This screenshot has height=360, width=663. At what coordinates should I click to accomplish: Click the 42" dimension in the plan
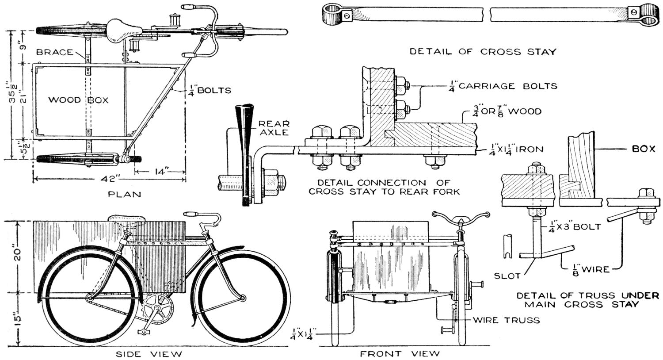click(110, 179)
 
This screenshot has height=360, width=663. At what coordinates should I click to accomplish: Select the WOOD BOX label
click(78, 100)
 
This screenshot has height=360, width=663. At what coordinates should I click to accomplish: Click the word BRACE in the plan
click(55, 52)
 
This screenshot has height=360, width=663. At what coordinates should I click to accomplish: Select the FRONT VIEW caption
click(400, 353)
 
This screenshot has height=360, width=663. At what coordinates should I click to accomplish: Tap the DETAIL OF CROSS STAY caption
click(482, 52)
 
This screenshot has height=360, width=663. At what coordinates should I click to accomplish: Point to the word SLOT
click(507, 276)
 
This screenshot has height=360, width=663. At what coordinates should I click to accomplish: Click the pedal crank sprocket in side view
click(157, 306)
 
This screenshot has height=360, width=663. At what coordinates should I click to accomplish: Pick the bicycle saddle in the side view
click(127, 218)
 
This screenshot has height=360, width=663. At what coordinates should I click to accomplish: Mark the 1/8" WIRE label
click(586, 268)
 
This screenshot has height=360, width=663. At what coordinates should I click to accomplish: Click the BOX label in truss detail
click(643, 149)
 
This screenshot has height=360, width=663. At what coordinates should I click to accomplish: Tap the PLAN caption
click(125, 194)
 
